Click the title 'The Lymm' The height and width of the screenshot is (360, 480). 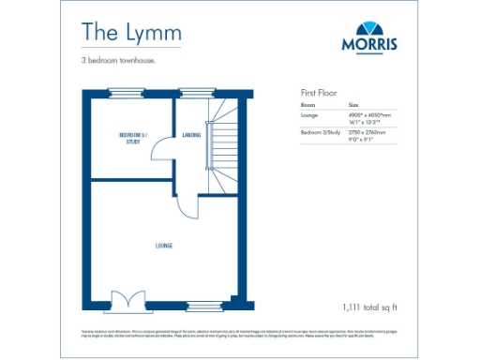[x=118, y=32]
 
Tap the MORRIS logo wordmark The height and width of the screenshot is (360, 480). [x=369, y=44]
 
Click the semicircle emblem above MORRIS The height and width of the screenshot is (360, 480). [x=369, y=27]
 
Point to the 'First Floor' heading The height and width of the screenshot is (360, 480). [x=319, y=95]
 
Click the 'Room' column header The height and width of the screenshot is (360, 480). [x=307, y=106]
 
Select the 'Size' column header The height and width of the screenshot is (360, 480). [x=353, y=106]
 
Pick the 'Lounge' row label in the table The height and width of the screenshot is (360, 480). [x=309, y=115]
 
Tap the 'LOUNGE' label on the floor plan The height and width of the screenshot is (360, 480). [x=164, y=246]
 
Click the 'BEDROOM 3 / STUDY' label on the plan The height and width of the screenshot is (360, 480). [x=131, y=139]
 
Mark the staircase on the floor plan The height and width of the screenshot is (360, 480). [x=224, y=145]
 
